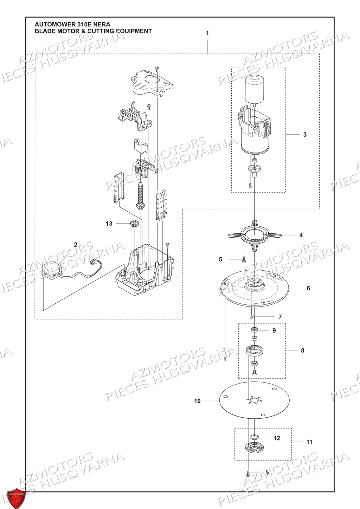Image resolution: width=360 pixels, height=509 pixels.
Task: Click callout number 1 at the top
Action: click(207, 33)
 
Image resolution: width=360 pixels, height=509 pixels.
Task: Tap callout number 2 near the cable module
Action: click(75, 244)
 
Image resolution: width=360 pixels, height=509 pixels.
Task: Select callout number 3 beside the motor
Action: click(305, 135)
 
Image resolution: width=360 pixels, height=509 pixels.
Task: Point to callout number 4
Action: click(301, 235)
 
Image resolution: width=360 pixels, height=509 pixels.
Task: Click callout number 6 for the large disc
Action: click(308, 288)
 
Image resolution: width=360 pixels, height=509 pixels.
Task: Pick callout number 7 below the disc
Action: click(280, 317)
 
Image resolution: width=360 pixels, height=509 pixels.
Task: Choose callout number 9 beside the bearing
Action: click(274, 330)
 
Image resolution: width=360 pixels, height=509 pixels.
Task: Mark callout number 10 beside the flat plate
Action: click(197, 401)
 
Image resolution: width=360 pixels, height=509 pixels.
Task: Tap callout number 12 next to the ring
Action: click(277, 438)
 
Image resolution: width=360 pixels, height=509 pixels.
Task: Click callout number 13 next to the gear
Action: click(109, 224)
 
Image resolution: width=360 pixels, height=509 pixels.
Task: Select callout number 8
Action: click(302, 350)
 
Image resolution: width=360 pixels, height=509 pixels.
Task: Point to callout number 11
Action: click(309, 442)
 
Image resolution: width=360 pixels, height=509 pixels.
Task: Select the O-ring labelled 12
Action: click(254, 437)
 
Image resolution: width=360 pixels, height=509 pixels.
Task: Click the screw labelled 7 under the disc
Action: click(252, 316)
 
